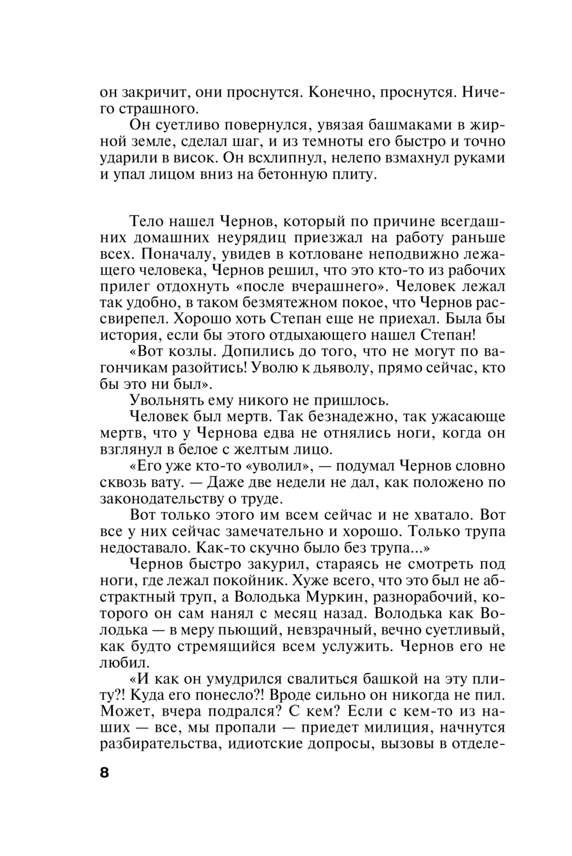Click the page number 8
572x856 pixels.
click(104, 772)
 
